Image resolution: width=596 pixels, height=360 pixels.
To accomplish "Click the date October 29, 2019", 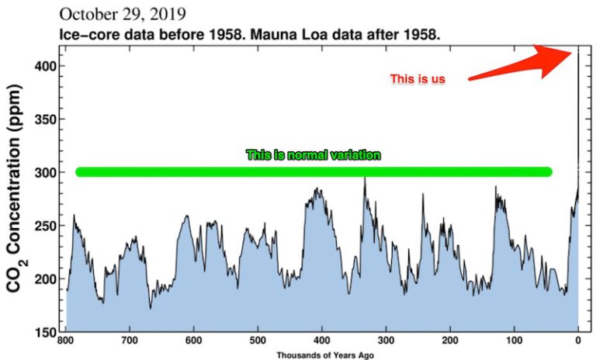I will (122, 14).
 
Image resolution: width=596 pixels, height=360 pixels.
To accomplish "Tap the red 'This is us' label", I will (418, 78).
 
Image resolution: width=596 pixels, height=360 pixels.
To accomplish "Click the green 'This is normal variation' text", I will (314, 155).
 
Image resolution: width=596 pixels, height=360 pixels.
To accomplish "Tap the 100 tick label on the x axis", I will (514, 341).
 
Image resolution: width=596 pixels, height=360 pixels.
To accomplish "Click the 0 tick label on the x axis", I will (578, 341).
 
